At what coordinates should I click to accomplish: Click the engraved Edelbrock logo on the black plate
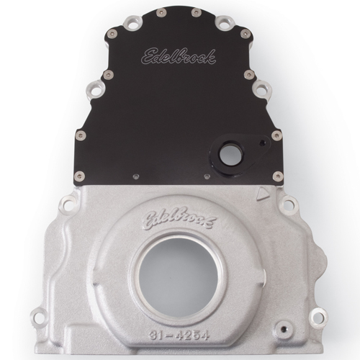click(178, 57)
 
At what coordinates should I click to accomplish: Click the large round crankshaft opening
click(179, 274)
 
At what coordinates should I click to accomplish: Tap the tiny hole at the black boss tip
click(262, 143)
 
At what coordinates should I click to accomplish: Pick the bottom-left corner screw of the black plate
click(80, 176)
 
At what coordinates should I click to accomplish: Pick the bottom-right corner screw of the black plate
click(278, 176)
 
